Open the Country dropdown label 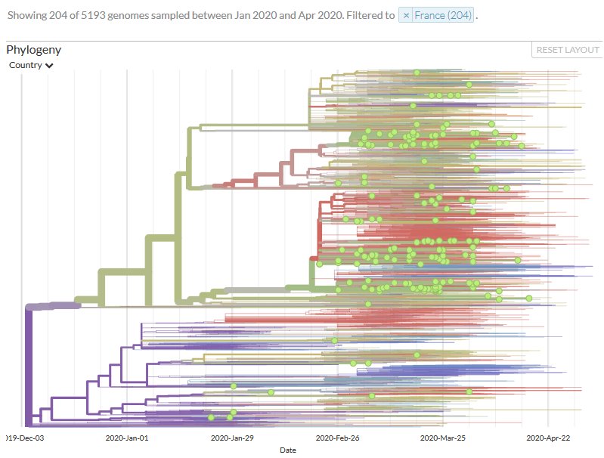click(25, 65)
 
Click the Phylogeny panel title click(34, 50)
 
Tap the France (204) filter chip click(442, 14)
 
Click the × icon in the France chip click(406, 14)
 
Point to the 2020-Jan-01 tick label click(127, 438)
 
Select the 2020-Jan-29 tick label click(231, 438)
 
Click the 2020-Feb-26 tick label click(337, 438)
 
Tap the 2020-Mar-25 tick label click(443, 438)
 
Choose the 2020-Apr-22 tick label click(548, 438)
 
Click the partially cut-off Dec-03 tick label click(21, 438)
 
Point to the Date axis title click(288, 450)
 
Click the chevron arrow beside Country click(49, 66)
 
